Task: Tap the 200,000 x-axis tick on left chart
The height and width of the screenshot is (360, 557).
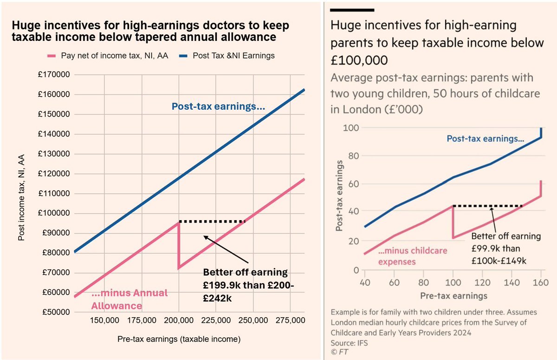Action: tap(179, 321)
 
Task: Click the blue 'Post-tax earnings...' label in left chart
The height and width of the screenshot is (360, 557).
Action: tap(218, 106)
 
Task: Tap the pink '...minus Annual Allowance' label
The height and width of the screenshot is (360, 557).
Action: tap(129, 300)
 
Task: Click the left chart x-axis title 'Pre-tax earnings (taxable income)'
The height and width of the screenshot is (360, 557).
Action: tap(179, 340)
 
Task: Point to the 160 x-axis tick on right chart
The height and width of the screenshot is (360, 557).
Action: tap(540, 282)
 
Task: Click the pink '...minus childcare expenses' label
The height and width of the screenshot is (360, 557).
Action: tap(413, 255)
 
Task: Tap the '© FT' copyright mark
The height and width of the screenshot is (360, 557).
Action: tap(339, 352)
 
